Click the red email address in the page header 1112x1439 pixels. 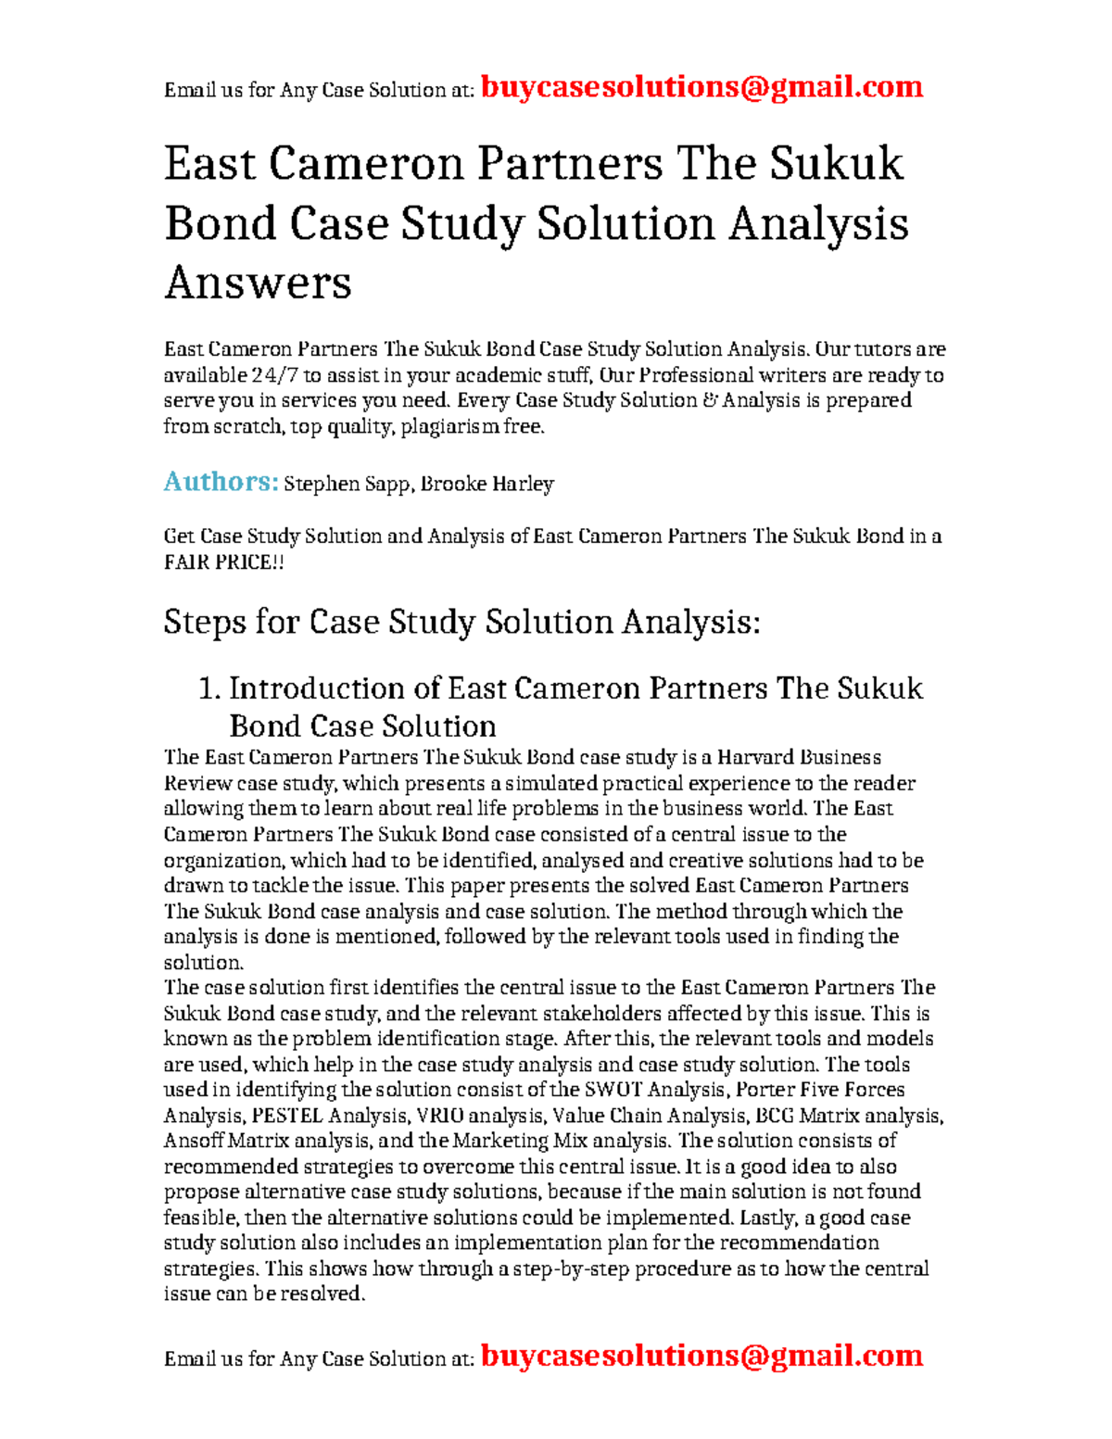[x=701, y=87]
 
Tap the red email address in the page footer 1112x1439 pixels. [x=701, y=1356]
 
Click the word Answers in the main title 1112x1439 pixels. [x=258, y=282]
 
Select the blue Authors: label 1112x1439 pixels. [x=221, y=482]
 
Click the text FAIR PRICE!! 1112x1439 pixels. [x=223, y=562]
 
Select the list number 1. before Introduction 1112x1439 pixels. [x=210, y=688]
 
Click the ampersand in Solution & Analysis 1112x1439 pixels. [x=711, y=400]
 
